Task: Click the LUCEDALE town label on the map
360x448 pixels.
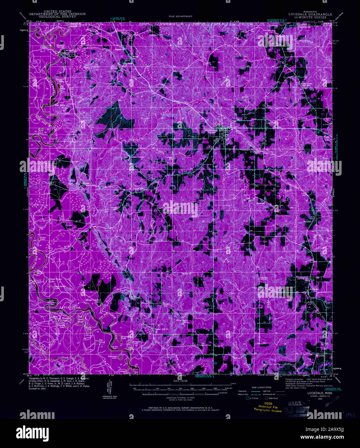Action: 211,130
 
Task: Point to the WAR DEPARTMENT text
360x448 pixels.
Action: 180,16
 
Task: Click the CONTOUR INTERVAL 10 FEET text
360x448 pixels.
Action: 180,398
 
